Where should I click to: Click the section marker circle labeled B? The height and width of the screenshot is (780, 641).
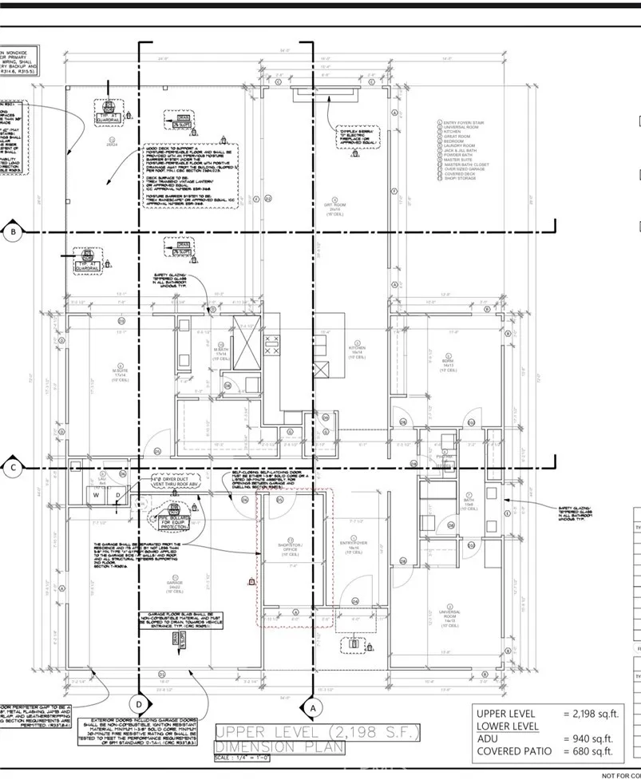point(13,232)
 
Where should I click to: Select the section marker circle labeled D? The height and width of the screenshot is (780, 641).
point(140,703)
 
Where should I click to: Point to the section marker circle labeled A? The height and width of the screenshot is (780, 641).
point(312,707)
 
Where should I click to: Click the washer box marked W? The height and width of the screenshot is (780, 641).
point(97,495)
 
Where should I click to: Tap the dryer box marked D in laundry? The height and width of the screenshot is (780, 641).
point(118,495)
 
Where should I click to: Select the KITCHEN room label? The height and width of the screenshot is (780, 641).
point(356,352)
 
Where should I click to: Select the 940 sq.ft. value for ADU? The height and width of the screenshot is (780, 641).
point(589,738)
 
